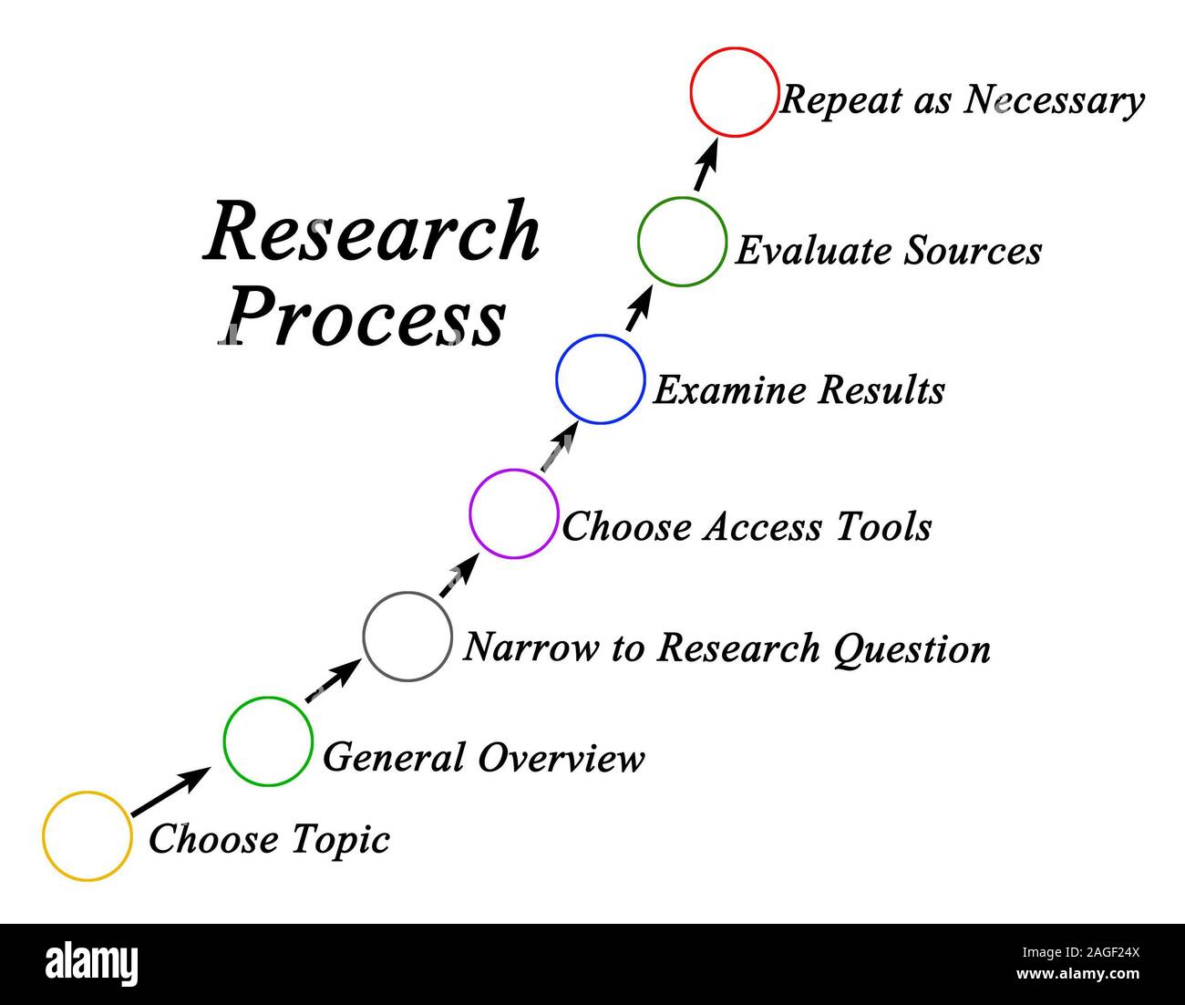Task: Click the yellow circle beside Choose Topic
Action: [x=88, y=836]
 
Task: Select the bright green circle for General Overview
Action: [x=268, y=741]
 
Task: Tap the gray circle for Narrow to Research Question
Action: [x=407, y=637]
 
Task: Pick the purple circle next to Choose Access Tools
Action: [x=513, y=513]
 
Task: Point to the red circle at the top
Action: [x=735, y=92]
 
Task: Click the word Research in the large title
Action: [x=372, y=233]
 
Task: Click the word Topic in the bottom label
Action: [x=340, y=839]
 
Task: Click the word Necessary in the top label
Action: [x=1054, y=100]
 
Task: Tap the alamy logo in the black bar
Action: [x=92, y=964]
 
